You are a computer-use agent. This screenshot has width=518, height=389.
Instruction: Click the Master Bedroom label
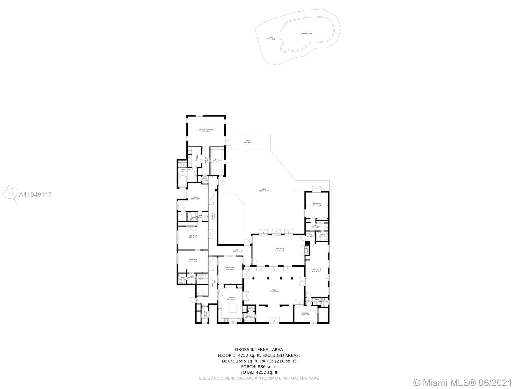pos(206,131)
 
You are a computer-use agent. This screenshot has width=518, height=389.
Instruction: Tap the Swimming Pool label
pos(306,33)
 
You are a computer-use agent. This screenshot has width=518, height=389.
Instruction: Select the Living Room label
pos(279,249)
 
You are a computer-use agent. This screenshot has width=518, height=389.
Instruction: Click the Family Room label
pos(316,270)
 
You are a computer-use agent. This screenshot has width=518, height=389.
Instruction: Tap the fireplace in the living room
pos(305,250)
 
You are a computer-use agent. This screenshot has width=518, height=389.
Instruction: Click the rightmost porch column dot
pos(292,278)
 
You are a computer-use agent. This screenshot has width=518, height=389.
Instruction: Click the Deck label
pos(264,190)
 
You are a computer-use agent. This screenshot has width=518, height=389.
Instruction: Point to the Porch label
pos(274,291)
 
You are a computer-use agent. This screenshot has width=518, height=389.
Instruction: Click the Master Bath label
pos(186,170)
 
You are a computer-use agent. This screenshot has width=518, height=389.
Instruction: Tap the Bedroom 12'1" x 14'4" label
pos(316,205)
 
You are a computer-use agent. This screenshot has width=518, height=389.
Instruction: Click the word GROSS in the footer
pos(242,349)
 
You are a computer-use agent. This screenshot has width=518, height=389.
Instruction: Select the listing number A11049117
pos(35,195)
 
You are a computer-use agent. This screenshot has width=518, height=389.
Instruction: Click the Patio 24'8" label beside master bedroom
pos(248,142)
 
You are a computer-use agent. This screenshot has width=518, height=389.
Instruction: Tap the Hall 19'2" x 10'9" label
pos(238,250)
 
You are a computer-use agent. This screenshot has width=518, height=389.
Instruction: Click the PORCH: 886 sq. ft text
pos(259,367)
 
